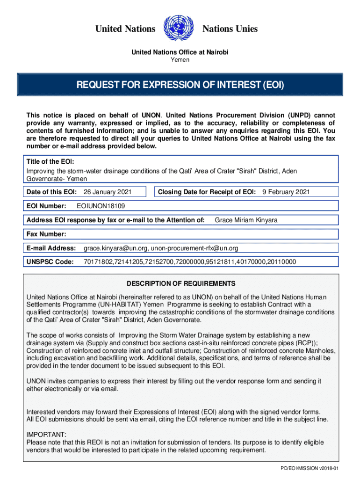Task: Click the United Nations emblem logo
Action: click(178, 29)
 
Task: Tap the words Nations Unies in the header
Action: click(230, 29)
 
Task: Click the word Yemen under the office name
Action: click(180, 60)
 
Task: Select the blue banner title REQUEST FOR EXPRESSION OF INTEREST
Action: click(180, 86)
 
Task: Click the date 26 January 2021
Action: click(107, 192)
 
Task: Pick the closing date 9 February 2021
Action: click(286, 192)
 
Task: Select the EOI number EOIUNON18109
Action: click(101, 206)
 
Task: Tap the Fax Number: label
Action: click(46, 234)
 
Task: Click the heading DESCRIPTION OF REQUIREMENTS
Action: click(181, 284)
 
